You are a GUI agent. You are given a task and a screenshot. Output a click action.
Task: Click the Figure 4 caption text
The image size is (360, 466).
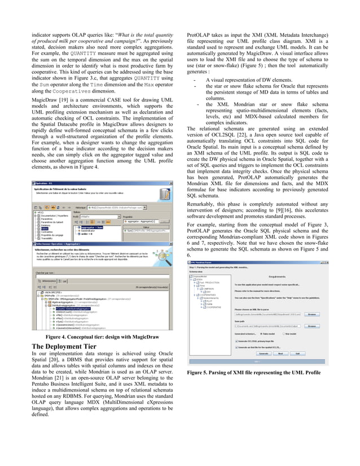click(100, 337)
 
